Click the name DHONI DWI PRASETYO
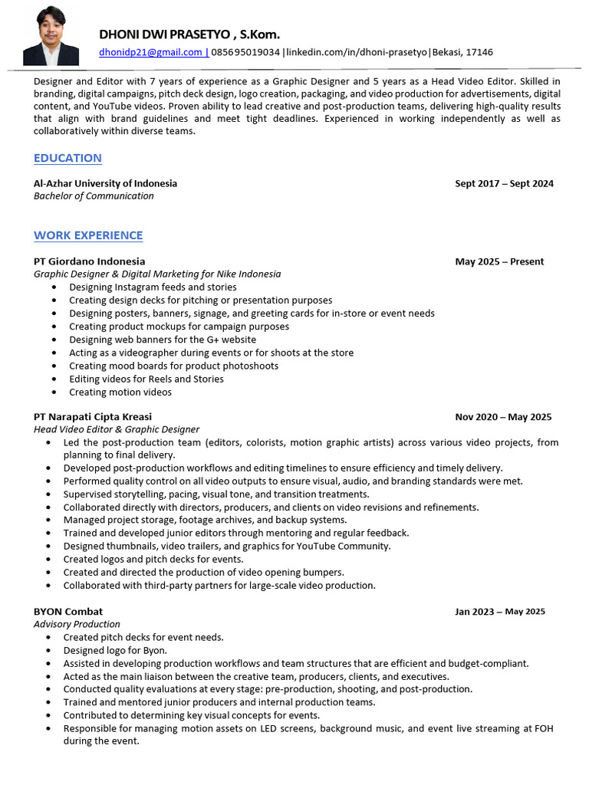pos(166,34)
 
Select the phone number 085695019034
pos(245,52)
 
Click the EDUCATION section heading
pos(67,158)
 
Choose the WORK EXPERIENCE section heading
pos(88,235)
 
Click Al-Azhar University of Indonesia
pos(105,183)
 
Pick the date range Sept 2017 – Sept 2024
pos(504,184)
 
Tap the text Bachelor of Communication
pos(94,195)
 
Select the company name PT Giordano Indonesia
pos(89,261)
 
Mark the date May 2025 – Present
pos(499,261)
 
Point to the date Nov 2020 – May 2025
pos(503,417)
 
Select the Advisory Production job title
pos(77,624)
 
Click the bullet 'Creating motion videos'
pos(120,392)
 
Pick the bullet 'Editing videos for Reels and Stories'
pos(146,379)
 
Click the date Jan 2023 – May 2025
pos(499,612)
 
